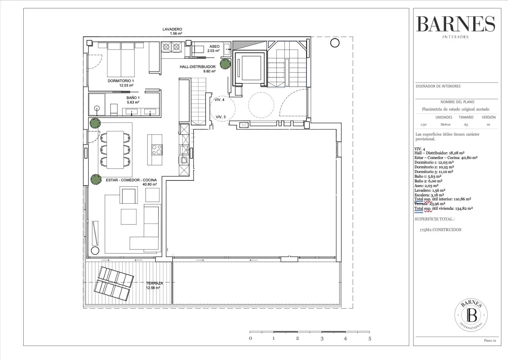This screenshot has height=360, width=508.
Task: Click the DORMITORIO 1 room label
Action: [x=120, y=81]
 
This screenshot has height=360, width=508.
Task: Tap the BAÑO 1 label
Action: [x=133, y=98]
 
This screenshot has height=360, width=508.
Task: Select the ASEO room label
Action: [x=214, y=46]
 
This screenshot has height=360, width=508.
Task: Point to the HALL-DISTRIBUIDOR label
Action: [x=198, y=67]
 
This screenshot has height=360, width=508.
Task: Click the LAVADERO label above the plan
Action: [x=172, y=29]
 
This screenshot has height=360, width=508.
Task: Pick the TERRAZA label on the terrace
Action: [x=155, y=283]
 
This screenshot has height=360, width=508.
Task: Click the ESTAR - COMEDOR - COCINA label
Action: [x=131, y=180]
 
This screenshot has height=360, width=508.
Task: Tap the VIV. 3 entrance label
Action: [x=220, y=117]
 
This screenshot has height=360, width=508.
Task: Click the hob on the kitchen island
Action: [x=157, y=150]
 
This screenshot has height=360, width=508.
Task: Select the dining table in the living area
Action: [x=115, y=150]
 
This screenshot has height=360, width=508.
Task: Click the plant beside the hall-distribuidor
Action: [x=225, y=64]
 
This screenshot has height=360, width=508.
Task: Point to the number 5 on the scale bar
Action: [x=370, y=339]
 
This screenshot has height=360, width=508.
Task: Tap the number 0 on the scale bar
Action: [x=250, y=338]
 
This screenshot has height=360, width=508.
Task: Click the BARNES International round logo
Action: [x=471, y=315]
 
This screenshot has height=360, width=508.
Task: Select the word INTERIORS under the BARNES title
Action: [x=455, y=37]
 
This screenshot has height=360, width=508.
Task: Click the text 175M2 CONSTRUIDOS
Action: [x=440, y=230]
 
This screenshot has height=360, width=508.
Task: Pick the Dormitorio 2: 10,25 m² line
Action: [x=434, y=167]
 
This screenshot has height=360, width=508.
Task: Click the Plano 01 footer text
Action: [x=490, y=341]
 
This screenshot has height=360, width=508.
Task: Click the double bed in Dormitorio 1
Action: [x=121, y=59]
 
